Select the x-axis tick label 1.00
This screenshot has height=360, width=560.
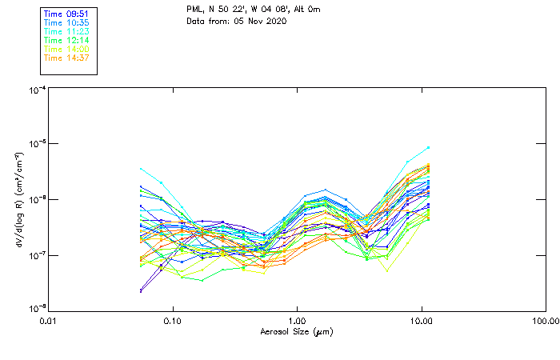coord(297,321)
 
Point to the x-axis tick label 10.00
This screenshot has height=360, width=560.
coord(421,321)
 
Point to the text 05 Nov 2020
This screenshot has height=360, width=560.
coord(261,20)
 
